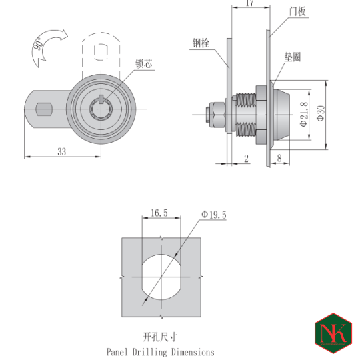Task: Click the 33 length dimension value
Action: pos(61,151)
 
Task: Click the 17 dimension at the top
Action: pos(249,4)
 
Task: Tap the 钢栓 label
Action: pos(201,43)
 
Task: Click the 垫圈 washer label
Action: pos(293,58)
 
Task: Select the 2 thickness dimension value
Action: pos(246,158)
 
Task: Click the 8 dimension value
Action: pos(279,158)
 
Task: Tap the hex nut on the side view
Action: pos(217,114)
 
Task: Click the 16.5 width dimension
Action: pos(159,213)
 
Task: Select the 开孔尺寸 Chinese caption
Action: pos(160,337)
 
